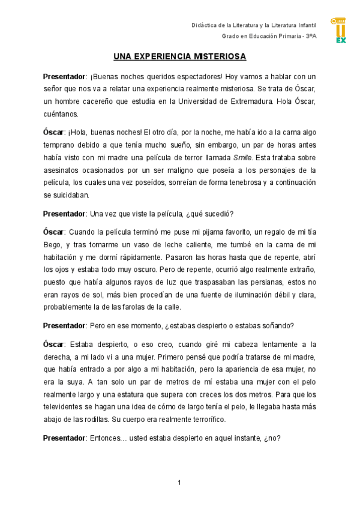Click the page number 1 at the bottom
tap(179, 483)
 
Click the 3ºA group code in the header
tap(311, 37)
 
